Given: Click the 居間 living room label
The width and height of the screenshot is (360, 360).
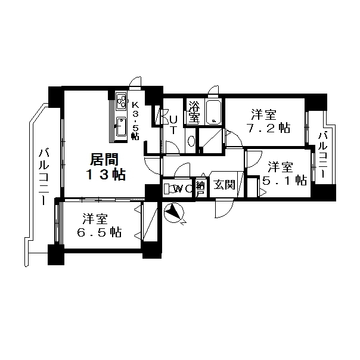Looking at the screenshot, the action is [x=104, y=159].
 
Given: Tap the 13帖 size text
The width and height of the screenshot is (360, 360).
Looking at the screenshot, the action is [x=105, y=175].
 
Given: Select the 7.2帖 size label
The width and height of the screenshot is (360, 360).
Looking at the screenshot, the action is [x=268, y=128].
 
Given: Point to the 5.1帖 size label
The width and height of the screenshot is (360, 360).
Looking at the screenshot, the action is [x=285, y=180].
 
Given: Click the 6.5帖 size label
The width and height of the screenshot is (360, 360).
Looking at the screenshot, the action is [x=99, y=232].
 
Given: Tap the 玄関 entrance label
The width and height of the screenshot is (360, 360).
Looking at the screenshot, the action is [x=224, y=185].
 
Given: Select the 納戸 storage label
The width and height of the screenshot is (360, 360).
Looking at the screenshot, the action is [x=200, y=188].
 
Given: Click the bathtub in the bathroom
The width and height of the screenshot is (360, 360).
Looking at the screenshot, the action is [x=213, y=112].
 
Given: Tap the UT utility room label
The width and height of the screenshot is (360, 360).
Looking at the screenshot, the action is [x=173, y=125].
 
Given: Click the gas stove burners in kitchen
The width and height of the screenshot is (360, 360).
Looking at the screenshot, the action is [x=121, y=101].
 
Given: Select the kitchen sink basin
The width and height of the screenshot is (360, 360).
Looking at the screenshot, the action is [x=121, y=127].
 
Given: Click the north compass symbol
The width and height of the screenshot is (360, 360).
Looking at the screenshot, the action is [x=175, y=213].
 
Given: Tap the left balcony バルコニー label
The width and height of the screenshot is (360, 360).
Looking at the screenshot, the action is [x=44, y=177].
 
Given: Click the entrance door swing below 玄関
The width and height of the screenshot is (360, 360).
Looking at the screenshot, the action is [x=224, y=209].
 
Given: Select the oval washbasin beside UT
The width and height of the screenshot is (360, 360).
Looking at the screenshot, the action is [x=191, y=141].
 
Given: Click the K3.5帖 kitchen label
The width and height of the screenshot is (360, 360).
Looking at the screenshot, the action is [x=135, y=120].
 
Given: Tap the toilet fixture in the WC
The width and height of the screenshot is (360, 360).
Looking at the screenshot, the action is [x=169, y=189].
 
